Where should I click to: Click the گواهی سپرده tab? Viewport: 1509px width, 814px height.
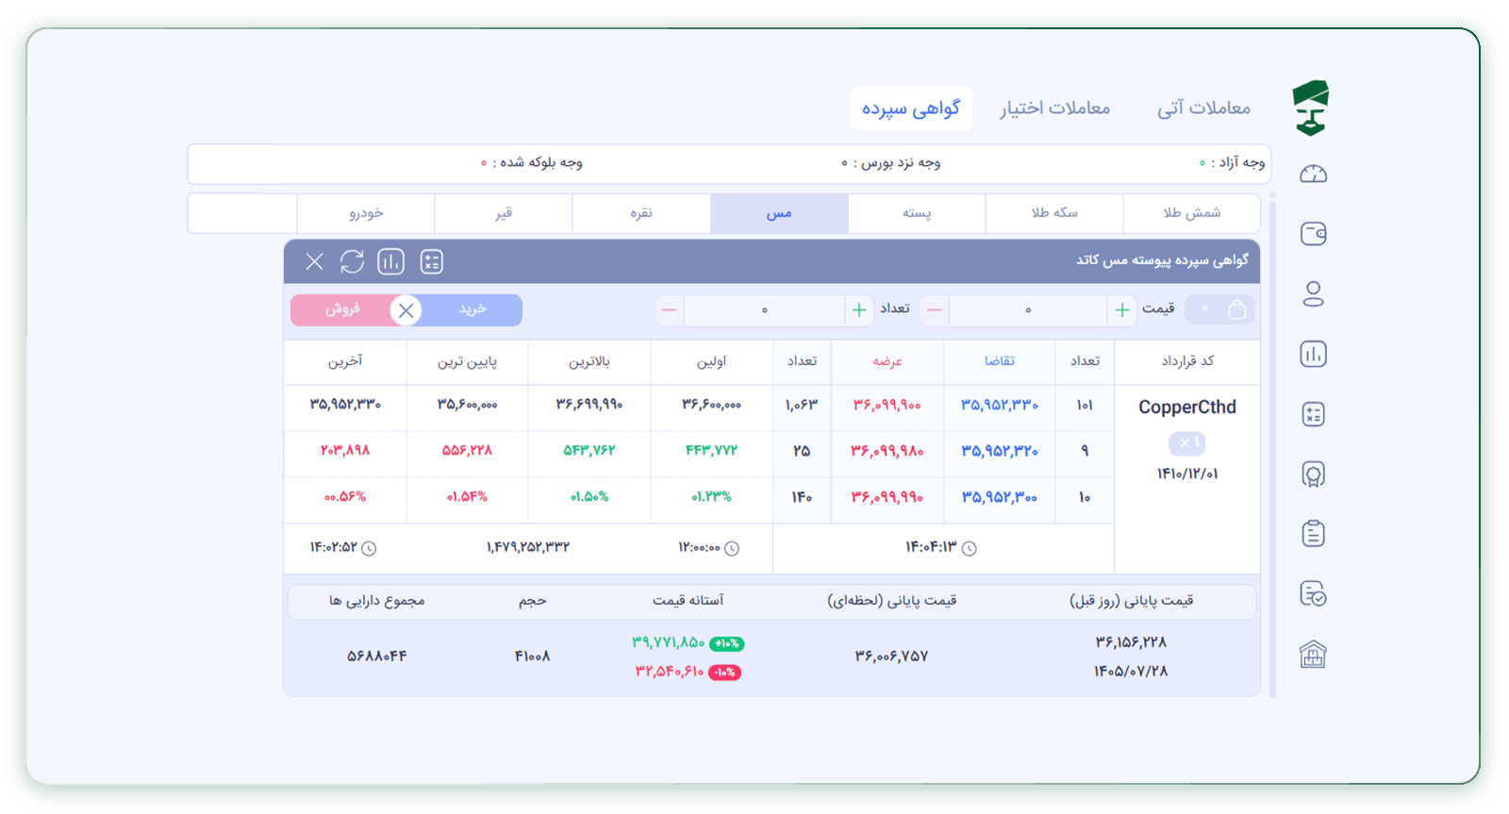[910, 108]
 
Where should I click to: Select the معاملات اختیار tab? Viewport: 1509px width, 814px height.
[1054, 108]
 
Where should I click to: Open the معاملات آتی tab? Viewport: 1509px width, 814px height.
[1203, 108]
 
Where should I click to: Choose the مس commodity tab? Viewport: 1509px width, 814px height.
[779, 213]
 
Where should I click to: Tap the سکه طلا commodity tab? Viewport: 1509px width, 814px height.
[1054, 213]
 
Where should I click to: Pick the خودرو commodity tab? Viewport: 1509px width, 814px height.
[367, 213]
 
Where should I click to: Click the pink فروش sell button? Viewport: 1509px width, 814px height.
[343, 309]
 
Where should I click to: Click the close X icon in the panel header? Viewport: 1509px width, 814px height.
[314, 261]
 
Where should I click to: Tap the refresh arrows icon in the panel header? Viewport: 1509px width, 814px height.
[353, 261]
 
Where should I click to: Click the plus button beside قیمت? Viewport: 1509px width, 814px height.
[1121, 310]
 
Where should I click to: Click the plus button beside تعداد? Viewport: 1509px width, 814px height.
[859, 310]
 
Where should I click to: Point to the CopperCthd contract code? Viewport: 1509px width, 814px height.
[1187, 407]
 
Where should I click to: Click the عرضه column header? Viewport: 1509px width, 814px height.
[887, 361]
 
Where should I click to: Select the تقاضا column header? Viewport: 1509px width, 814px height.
[1000, 361]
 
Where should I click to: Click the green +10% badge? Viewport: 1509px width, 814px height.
[727, 643]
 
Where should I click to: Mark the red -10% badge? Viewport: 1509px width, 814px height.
[725, 673]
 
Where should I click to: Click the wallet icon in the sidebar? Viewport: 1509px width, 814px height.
[1313, 234]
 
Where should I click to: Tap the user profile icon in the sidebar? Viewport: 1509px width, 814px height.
[1313, 293]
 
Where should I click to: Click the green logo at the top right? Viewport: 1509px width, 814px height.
[1311, 108]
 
